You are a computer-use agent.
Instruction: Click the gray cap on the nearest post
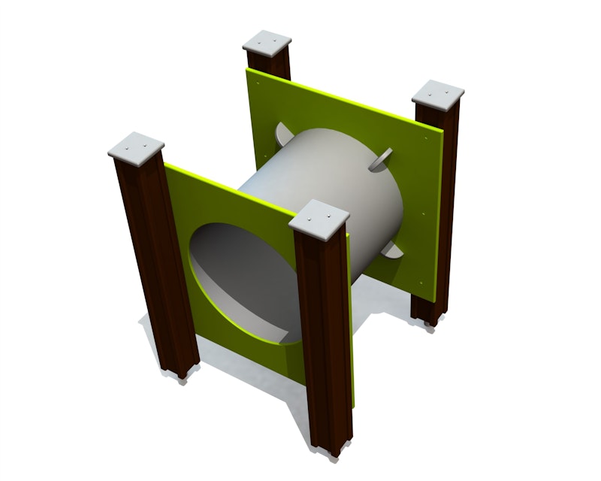[x=320, y=216]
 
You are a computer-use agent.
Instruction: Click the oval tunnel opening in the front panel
[x=240, y=278]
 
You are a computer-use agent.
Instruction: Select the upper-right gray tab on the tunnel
[x=382, y=156]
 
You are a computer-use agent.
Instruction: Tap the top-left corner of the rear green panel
[x=249, y=69]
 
